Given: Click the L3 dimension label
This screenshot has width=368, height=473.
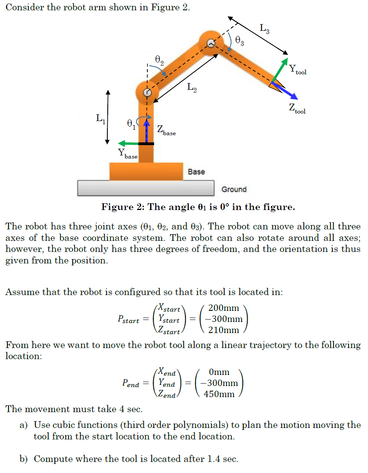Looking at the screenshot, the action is [265, 28].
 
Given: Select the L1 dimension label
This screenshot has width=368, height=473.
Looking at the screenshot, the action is [100, 117].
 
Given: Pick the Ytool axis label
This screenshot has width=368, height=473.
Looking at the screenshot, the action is [297, 70].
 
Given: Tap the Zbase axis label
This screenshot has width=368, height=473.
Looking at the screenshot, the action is [166, 130].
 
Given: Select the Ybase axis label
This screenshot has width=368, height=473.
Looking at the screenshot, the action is [128, 154].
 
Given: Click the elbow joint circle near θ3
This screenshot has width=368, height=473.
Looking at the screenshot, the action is [211, 44].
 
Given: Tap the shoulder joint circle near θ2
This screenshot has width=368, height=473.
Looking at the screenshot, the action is [147, 93].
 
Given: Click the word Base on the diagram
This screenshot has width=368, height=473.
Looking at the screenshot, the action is [196, 172].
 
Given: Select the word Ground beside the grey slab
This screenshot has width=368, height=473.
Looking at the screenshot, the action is [234, 189].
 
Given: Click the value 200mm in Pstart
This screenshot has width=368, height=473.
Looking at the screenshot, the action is [223, 308].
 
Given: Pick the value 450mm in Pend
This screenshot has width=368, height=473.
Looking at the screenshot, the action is [219, 394].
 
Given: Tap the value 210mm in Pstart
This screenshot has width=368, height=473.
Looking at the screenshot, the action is [223, 330].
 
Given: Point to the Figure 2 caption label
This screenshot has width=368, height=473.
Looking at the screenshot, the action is [198, 207].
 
